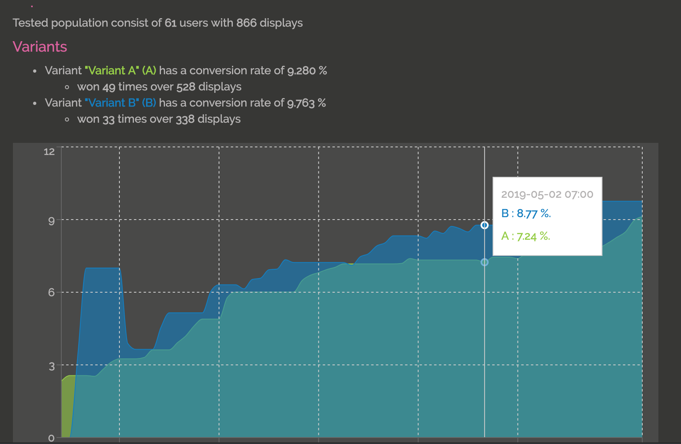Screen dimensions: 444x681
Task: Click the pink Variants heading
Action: [40, 47]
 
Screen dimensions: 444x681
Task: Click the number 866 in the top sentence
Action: [246, 23]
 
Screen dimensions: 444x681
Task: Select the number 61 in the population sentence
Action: [171, 23]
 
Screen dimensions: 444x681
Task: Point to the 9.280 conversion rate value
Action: [301, 71]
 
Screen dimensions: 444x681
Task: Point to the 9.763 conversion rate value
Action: [301, 103]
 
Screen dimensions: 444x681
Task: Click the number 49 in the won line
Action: [109, 87]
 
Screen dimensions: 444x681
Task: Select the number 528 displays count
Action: [186, 87]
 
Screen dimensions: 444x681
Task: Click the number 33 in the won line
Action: [109, 119]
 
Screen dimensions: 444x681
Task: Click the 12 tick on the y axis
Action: [49, 152]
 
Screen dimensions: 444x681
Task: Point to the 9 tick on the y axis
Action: [52, 221]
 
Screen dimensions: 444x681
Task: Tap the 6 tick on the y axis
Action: [52, 293]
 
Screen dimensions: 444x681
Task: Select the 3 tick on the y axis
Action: [52, 367]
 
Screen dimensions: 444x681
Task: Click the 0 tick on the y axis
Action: [51, 438]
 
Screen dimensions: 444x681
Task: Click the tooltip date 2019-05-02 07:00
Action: [547, 195]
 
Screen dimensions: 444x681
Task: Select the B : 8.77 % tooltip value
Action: [526, 214]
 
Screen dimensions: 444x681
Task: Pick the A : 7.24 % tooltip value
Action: [526, 236]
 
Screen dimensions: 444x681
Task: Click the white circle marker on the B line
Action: [485, 225]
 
